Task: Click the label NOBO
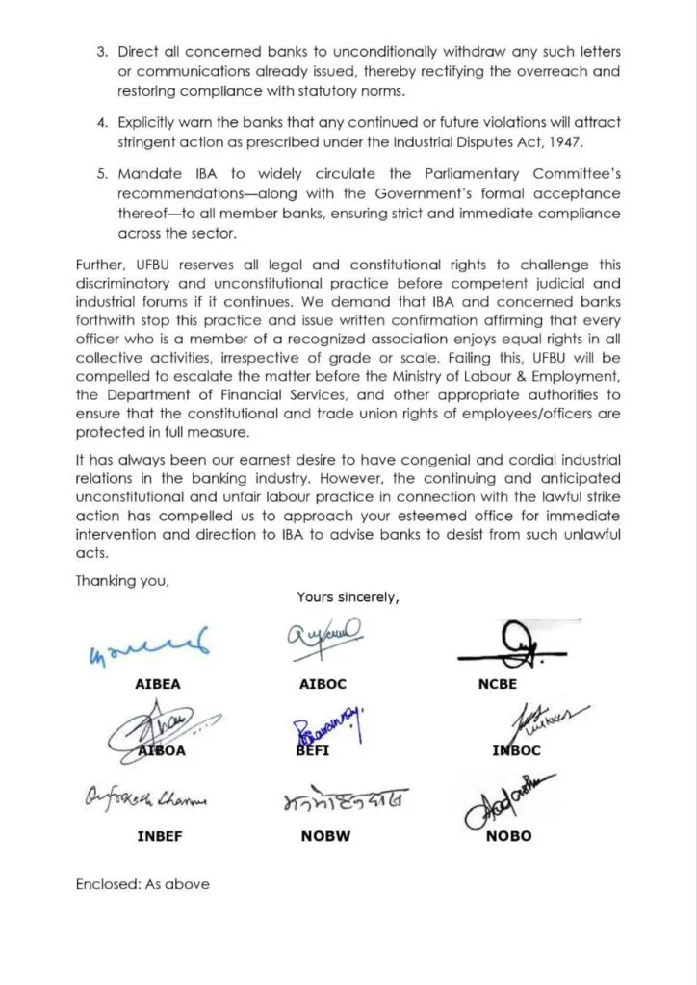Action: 507,836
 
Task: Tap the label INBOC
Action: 516,750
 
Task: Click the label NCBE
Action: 497,684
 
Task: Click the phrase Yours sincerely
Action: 348,597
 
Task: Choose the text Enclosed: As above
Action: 142,883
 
